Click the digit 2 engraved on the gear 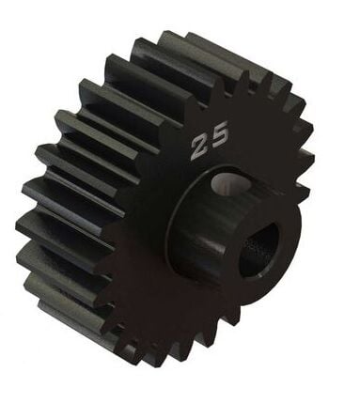(x=200, y=147)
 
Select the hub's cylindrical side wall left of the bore (x=202, y=240)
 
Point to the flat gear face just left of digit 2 (x=169, y=150)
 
